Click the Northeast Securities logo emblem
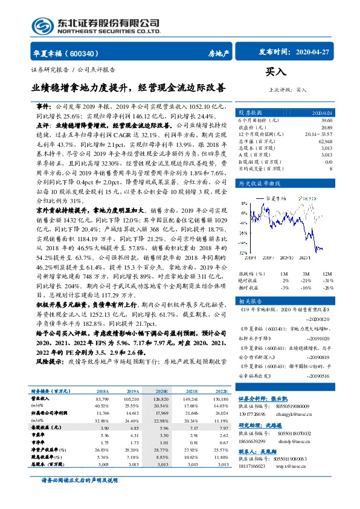click(x=40, y=24)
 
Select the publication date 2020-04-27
click(x=314, y=52)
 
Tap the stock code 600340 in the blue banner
click(x=89, y=53)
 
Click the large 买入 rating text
click(x=276, y=72)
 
